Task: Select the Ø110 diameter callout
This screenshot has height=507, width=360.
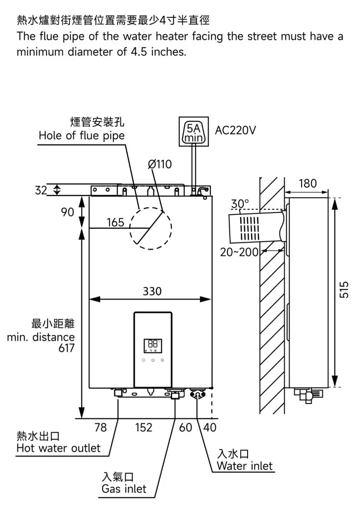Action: (160, 164)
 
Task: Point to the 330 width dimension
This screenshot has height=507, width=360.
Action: (152, 292)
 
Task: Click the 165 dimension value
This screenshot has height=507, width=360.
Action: (115, 222)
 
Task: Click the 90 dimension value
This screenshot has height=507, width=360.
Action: (68, 212)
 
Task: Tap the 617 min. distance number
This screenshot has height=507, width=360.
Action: (65, 348)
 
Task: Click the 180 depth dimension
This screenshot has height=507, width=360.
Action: (308, 184)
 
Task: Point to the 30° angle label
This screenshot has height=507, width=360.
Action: (240, 204)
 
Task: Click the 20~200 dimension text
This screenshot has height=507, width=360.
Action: (239, 252)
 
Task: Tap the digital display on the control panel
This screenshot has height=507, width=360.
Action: (153, 345)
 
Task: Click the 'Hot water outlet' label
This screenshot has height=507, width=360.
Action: (58, 448)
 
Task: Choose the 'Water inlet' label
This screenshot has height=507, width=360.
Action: (245, 466)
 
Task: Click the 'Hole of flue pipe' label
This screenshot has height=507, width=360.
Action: (82, 135)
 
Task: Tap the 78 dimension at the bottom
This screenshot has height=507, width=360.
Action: (101, 427)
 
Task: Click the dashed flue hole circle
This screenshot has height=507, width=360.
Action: (151, 227)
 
